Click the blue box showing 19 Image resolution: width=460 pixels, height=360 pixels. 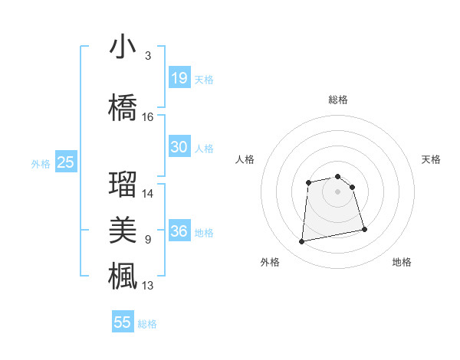coord(179,78)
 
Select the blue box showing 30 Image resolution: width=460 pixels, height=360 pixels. coord(179,147)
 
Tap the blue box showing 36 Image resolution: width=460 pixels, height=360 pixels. coord(179,231)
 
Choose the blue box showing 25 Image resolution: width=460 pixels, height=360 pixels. coord(66,162)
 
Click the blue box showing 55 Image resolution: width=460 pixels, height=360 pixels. coord(123,322)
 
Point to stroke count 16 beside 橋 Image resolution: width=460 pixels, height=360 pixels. coord(148,117)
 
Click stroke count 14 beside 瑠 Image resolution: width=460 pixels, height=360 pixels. coord(148,194)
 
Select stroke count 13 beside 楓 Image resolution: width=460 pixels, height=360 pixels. coord(148,286)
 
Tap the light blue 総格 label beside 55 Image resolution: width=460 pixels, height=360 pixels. coord(147,324)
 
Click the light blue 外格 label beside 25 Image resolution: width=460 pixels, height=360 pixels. coord(41,163)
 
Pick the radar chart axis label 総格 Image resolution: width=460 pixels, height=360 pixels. coord(338,100)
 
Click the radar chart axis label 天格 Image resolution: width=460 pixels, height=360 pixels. coord(431,159)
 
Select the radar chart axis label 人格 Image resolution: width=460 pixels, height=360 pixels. coord(245,159)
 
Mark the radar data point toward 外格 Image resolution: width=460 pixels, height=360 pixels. coord(301,242)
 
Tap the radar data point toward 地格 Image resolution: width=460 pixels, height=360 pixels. coord(364,229)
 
